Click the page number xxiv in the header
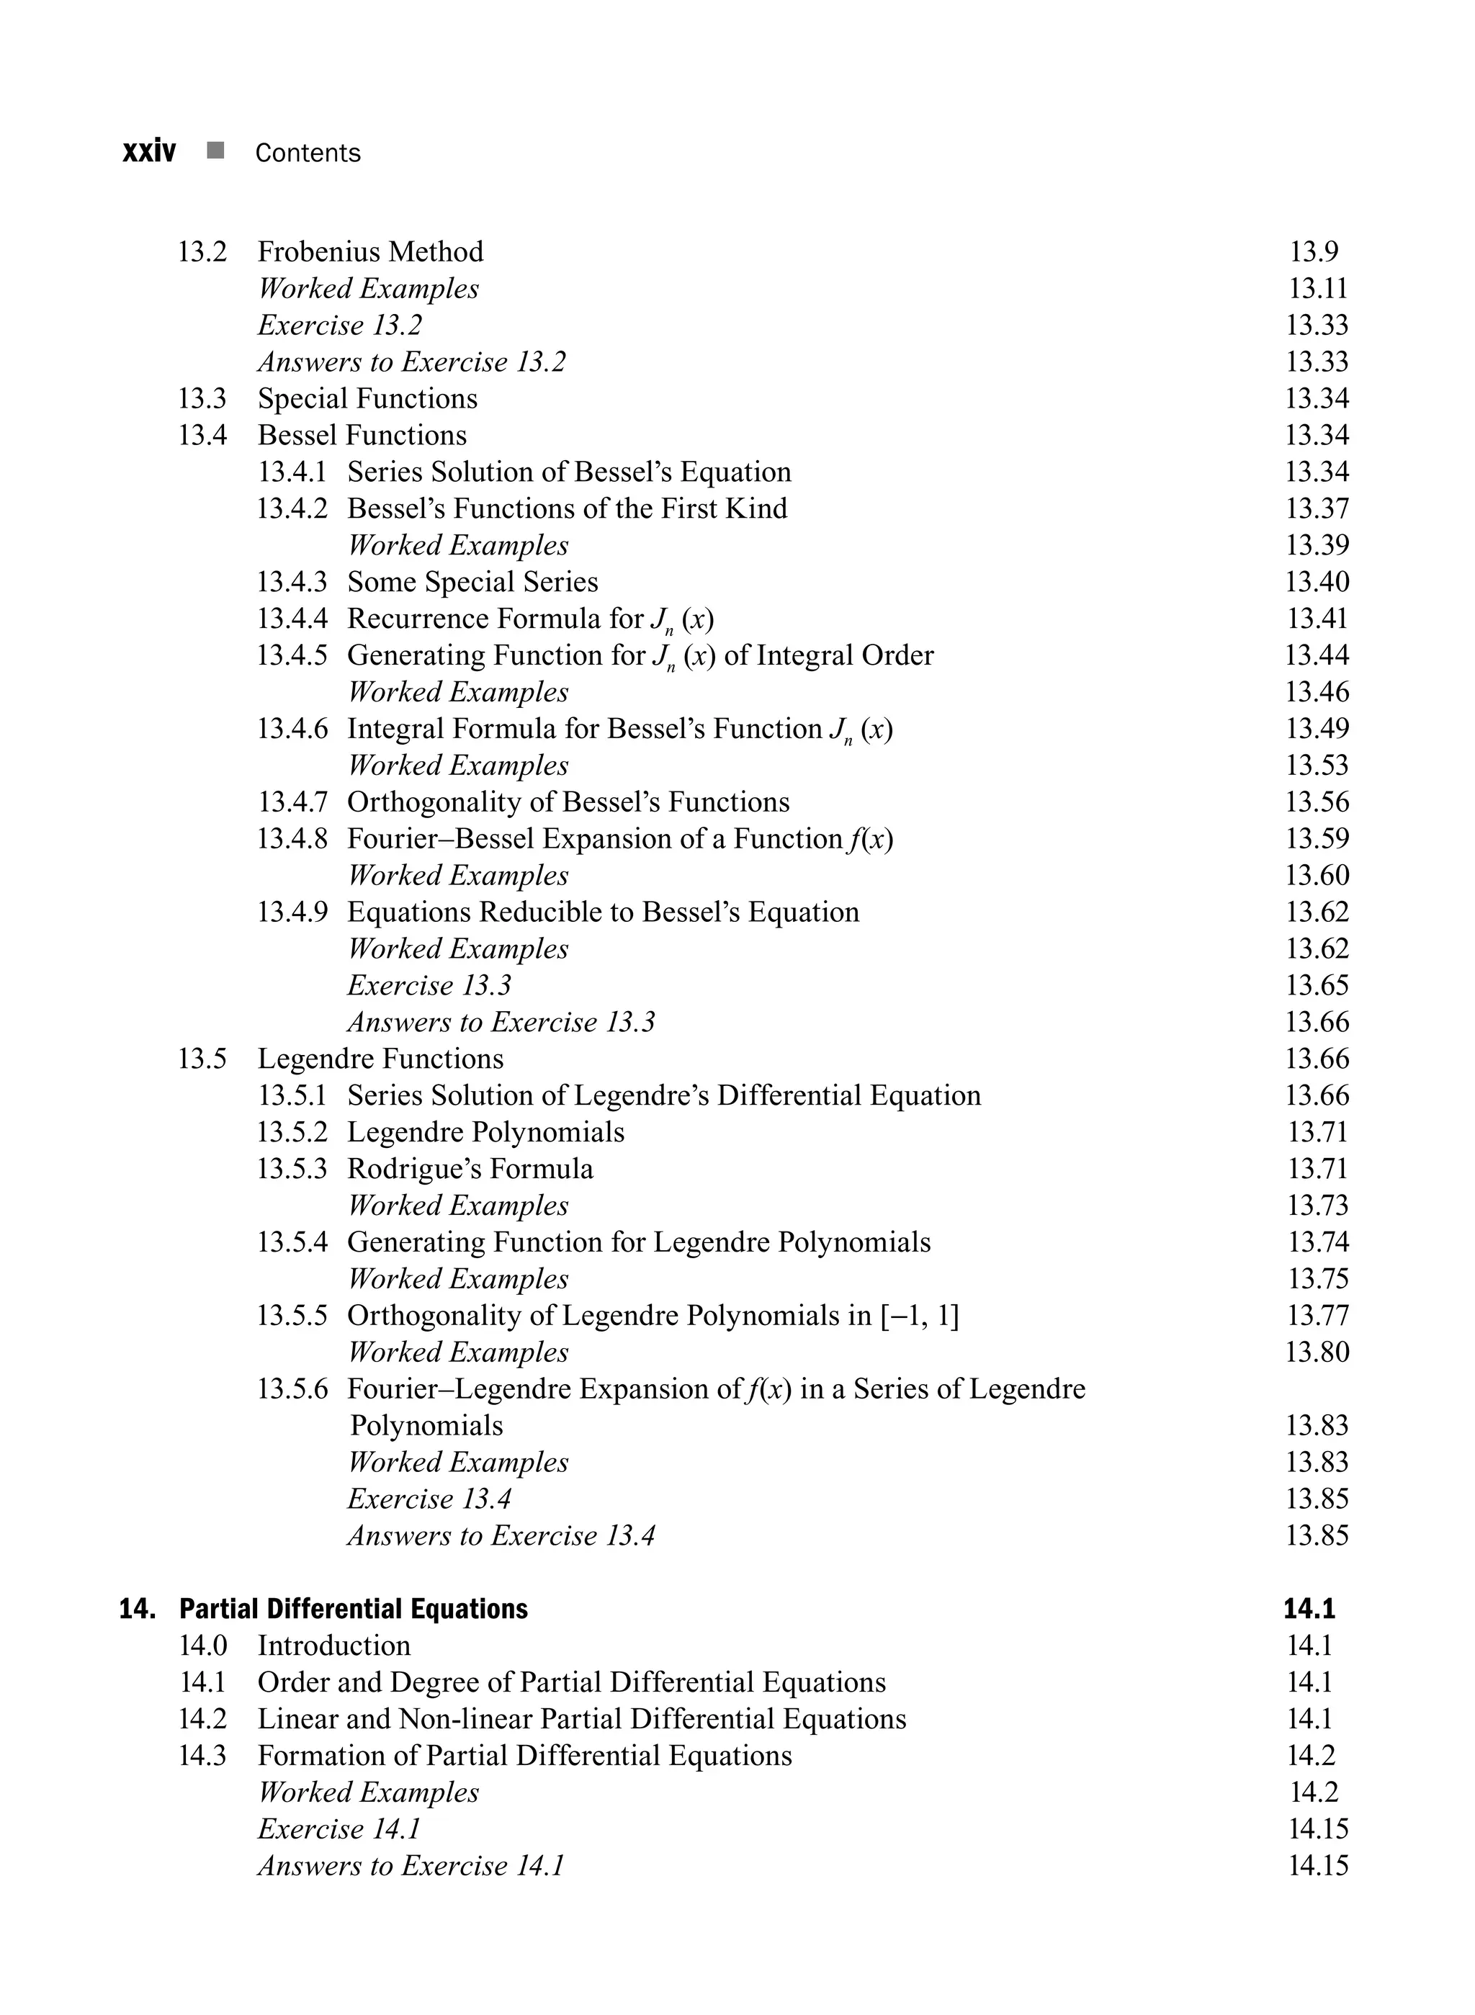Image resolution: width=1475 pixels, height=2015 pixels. (x=149, y=152)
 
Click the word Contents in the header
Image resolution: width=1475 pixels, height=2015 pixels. (x=308, y=153)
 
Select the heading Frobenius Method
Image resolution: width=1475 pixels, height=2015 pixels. (x=370, y=252)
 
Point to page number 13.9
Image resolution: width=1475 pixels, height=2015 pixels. (x=1314, y=252)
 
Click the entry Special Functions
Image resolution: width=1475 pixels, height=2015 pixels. (x=367, y=398)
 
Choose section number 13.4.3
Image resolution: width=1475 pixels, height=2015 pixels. (x=292, y=582)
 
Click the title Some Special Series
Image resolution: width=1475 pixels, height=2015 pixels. (x=472, y=582)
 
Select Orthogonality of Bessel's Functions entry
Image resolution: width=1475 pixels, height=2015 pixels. (x=568, y=802)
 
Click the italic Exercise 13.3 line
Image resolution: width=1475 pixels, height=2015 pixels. (x=429, y=986)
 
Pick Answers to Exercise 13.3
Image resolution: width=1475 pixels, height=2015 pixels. (x=501, y=1022)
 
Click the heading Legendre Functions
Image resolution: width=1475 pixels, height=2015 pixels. (x=380, y=1059)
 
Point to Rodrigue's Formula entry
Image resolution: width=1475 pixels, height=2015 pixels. (x=470, y=1169)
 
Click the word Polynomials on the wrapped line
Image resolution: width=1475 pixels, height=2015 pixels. (x=426, y=1425)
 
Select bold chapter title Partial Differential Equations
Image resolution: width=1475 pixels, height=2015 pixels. (x=354, y=1609)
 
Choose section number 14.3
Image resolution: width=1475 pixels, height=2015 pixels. (x=202, y=1755)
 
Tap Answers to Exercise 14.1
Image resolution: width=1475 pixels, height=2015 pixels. (x=411, y=1865)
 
